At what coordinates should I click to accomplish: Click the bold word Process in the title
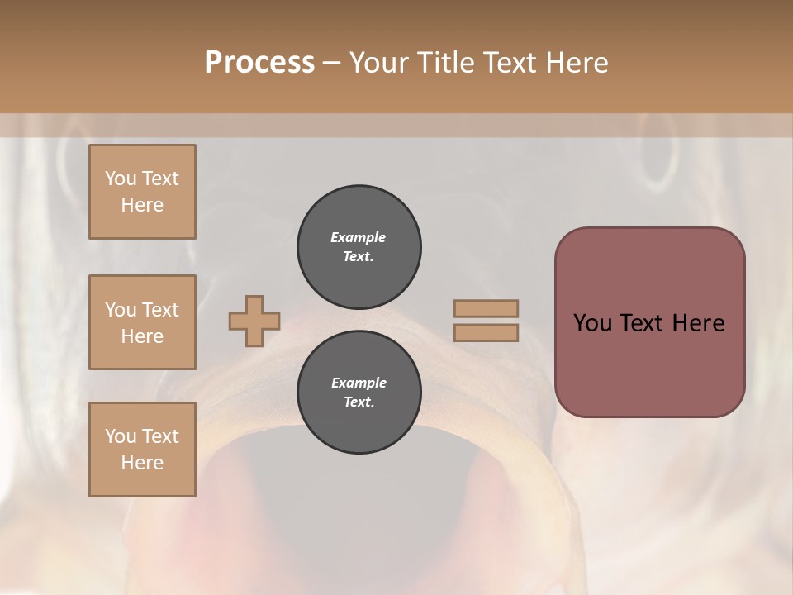point(259,62)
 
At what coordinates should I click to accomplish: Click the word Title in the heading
point(444,62)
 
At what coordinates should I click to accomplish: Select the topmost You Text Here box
point(142,192)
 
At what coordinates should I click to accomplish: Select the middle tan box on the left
point(142,322)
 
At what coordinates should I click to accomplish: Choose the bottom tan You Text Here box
point(142,449)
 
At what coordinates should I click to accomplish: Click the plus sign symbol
point(254,321)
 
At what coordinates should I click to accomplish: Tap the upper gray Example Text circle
point(359,247)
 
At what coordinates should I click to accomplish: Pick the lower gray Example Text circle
point(359,393)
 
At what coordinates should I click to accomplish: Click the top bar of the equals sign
point(486,308)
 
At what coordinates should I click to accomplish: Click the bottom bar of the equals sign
point(486,332)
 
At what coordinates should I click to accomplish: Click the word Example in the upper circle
point(359,237)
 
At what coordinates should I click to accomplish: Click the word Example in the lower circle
point(359,383)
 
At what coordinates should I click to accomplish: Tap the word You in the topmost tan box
point(121,178)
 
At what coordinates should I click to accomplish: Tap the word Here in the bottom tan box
point(142,463)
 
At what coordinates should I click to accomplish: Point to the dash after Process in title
point(331,63)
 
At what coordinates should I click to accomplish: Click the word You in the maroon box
point(592,323)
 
